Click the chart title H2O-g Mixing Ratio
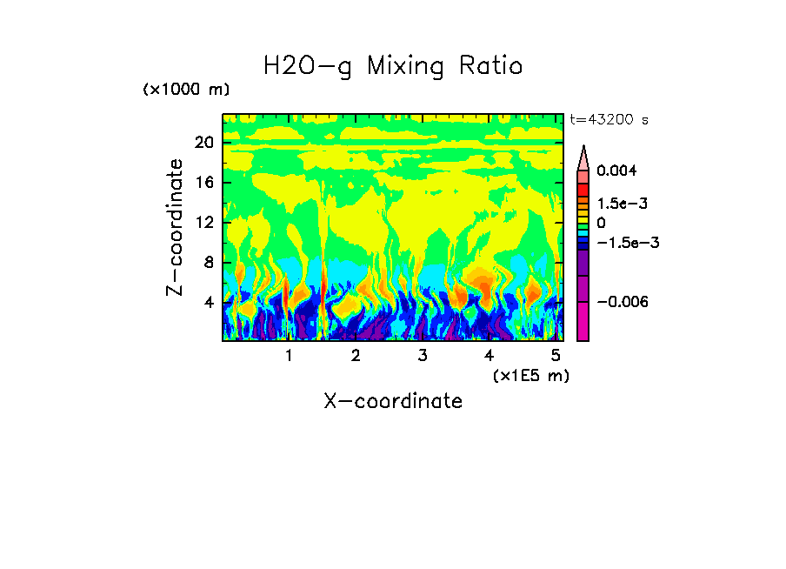393,66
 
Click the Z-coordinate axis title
176,226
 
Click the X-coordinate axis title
393,401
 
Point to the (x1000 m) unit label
186,90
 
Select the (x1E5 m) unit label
530,375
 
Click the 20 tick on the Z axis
204,143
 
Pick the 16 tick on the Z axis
204,183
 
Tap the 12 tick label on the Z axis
204,223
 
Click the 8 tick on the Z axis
209,263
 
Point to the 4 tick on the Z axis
209,303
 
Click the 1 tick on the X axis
289,356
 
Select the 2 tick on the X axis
356,356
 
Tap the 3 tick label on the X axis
423,356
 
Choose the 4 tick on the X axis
489,356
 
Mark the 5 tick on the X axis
556,356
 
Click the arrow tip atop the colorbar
583,149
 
